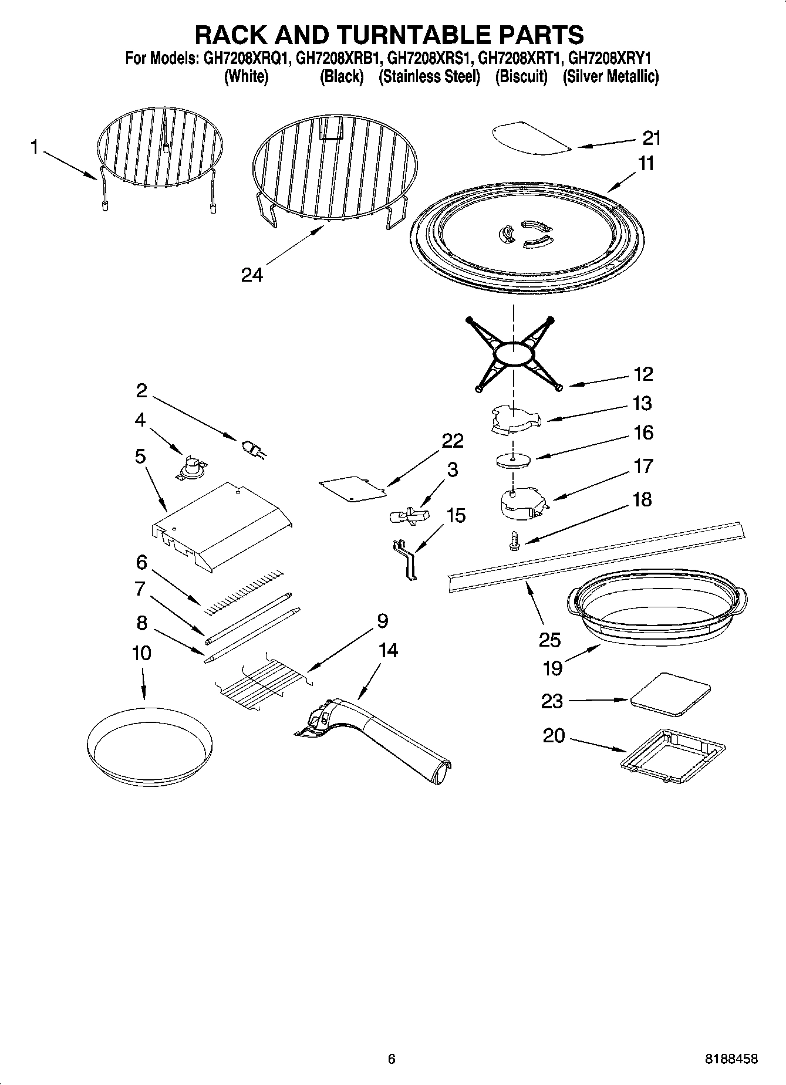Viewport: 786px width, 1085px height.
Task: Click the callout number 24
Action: point(252,275)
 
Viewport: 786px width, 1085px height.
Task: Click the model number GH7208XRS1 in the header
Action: point(430,59)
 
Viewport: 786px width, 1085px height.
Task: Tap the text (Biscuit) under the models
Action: point(521,77)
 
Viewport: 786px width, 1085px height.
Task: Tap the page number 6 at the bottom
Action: point(392,1059)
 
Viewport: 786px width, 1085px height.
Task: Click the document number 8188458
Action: point(731,1059)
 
